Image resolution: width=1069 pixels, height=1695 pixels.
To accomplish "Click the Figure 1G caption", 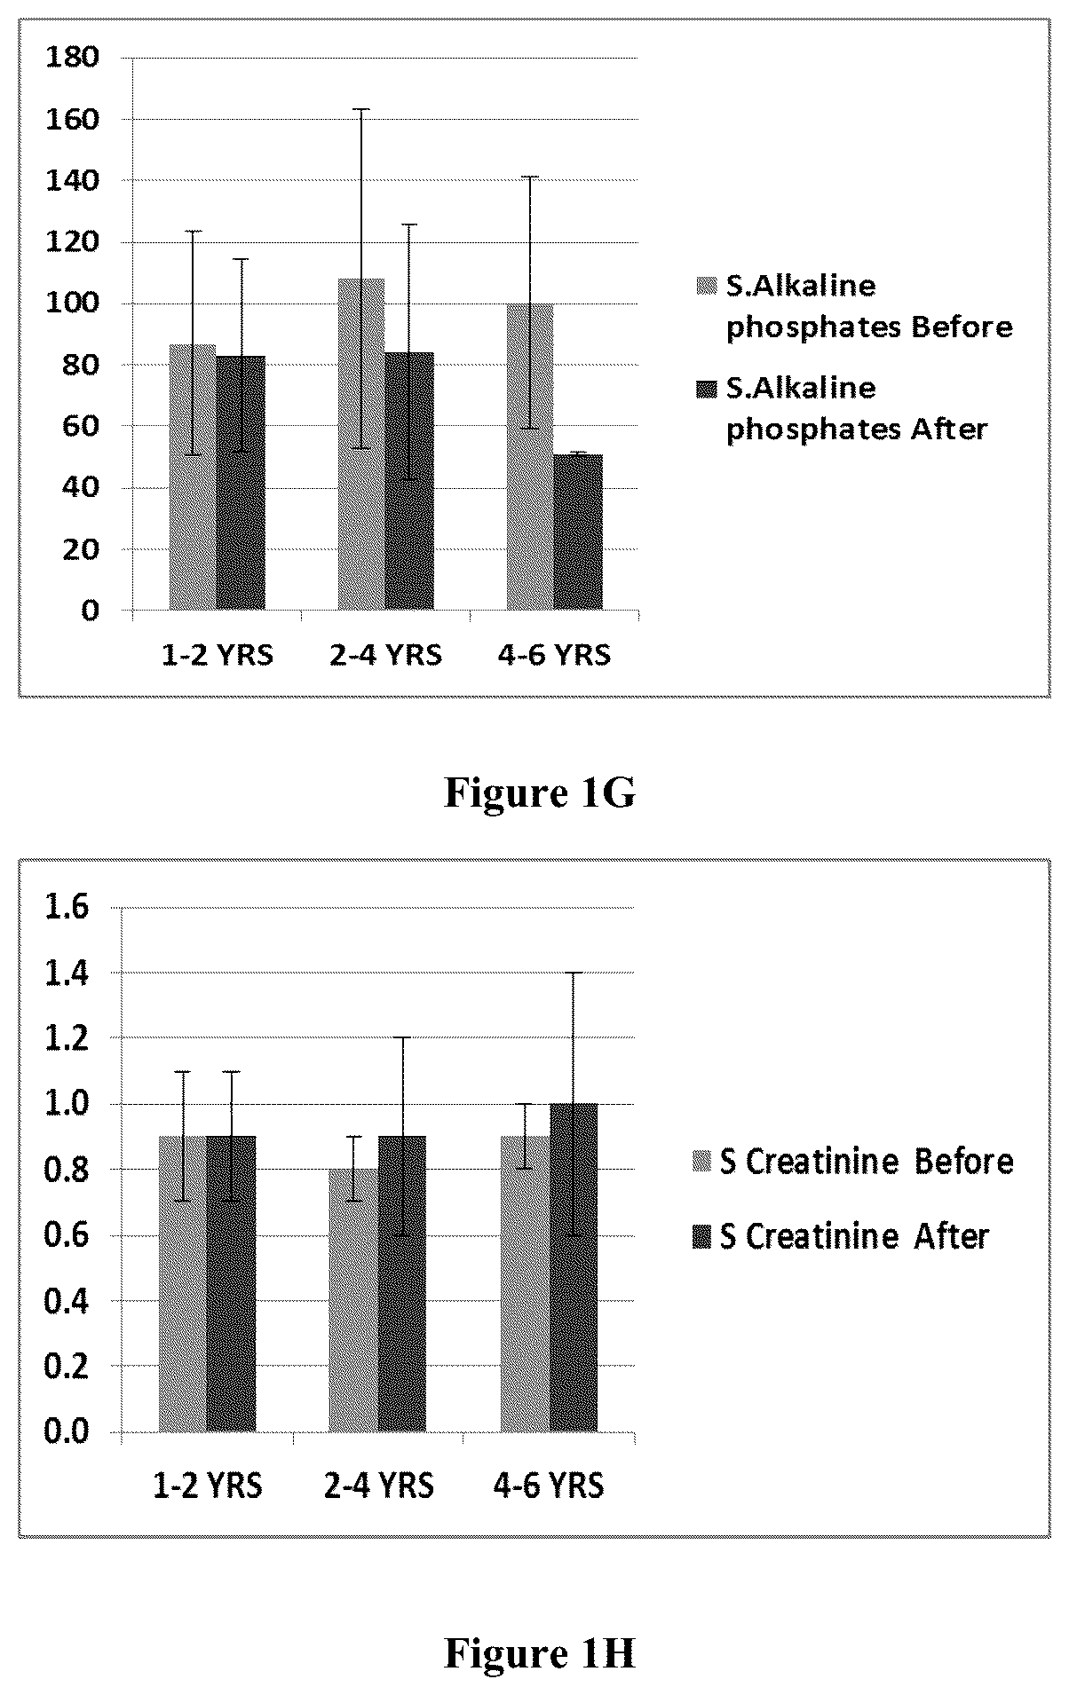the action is (540, 792).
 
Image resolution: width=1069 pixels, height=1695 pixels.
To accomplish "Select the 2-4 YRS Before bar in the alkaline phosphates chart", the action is (361, 444).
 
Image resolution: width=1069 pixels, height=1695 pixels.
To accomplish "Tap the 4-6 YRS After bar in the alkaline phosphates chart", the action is (578, 532).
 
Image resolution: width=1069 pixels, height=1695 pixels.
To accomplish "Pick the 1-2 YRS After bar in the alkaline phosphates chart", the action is (241, 483).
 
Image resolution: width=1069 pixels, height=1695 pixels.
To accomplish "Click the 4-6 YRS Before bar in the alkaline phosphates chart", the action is (530, 456).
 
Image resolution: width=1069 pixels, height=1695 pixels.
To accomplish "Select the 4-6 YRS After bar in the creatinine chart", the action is (574, 1267).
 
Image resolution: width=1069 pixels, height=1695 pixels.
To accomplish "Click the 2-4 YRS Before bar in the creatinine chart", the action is (353, 1300).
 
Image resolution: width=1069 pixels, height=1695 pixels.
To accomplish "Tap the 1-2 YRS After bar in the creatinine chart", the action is (231, 1283).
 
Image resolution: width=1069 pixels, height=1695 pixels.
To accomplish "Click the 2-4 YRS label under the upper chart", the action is (385, 656).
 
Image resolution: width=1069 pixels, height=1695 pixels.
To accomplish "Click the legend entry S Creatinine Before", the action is (853, 1162).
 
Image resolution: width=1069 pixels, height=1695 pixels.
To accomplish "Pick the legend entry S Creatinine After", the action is (841, 1236).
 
